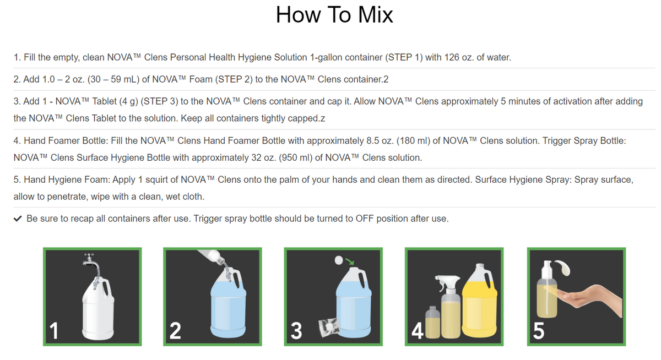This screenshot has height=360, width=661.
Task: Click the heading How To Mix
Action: pos(334,15)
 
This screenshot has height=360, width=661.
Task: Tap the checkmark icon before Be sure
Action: pos(18,219)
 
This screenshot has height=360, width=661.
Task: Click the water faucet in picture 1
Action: pos(91,261)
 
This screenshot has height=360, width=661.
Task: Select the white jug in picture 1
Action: pos(98,308)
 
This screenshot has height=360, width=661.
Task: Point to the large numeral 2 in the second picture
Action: pos(175,330)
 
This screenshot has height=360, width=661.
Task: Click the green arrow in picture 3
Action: pos(350,261)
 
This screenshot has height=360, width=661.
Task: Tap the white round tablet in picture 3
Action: pos(339,260)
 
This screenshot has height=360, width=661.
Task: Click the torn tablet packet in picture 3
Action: pos(329,327)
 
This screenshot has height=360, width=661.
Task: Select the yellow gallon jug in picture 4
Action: pos(480,301)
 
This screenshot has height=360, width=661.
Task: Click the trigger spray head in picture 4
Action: pos(447,282)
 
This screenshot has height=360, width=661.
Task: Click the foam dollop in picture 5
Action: pos(564,268)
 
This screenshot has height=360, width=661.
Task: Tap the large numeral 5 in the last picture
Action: pos(539,331)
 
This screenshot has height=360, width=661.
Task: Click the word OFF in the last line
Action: pos(365,219)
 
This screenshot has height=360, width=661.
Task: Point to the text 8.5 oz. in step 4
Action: pos(380,140)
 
